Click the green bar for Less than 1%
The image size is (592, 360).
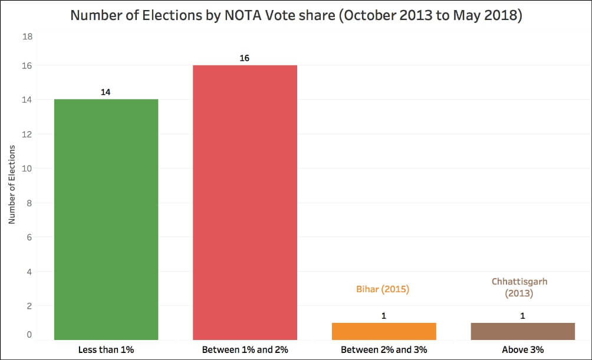point(106,219)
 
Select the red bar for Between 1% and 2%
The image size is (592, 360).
point(245,202)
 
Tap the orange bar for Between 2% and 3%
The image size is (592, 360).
point(384,331)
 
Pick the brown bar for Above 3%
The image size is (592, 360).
point(523,331)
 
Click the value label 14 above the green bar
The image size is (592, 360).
point(106,93)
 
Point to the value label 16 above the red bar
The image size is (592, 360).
point(245,58)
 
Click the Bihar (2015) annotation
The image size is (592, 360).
point(383,290)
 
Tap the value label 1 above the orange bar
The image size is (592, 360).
point(384,316)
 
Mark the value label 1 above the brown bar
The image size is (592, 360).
point(523,316)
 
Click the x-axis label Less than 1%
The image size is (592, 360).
point(106,350)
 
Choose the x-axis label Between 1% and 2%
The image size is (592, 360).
point(245,350)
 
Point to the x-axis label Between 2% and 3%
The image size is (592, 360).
point(384,350)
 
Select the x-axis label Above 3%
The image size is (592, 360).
point(523,350)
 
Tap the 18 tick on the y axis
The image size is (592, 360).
point(27,37)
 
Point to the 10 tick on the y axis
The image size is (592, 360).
point(27,169)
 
